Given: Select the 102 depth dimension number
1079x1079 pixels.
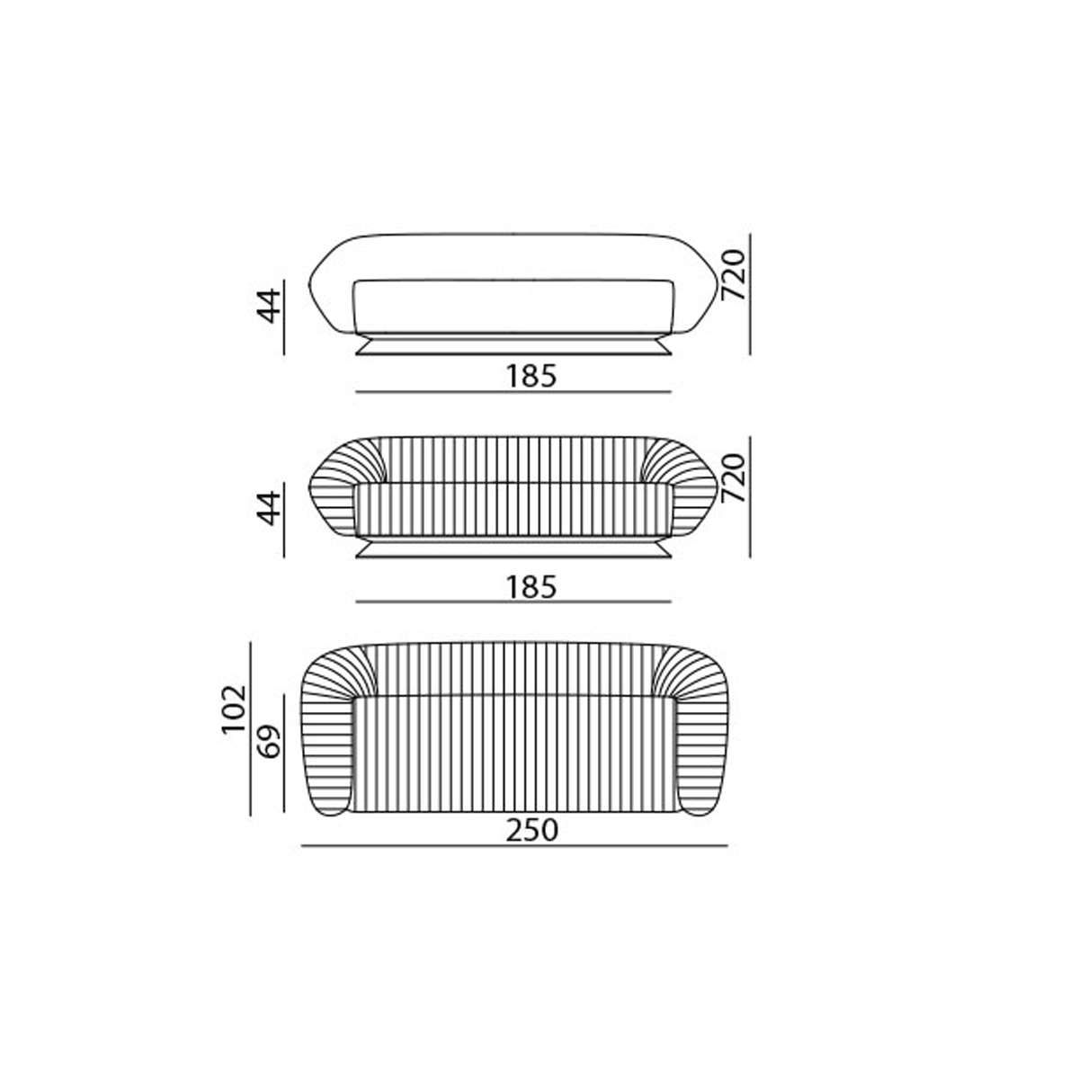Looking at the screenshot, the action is [x=234, y=709].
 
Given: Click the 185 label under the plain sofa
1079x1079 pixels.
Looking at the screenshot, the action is [x=531, y=376].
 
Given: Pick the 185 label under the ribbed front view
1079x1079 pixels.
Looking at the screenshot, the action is [x=531, y=587].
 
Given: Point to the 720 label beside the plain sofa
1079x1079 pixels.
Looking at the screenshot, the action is [x=734, y=275].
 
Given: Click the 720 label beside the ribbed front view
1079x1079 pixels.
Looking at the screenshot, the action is [x=734, y=477].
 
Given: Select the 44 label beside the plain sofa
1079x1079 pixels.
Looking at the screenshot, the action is [x=268, y=306].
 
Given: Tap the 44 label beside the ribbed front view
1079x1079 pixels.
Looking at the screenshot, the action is [x=268, y=508].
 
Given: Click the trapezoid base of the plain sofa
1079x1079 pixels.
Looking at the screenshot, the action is [x=513, y=344].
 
